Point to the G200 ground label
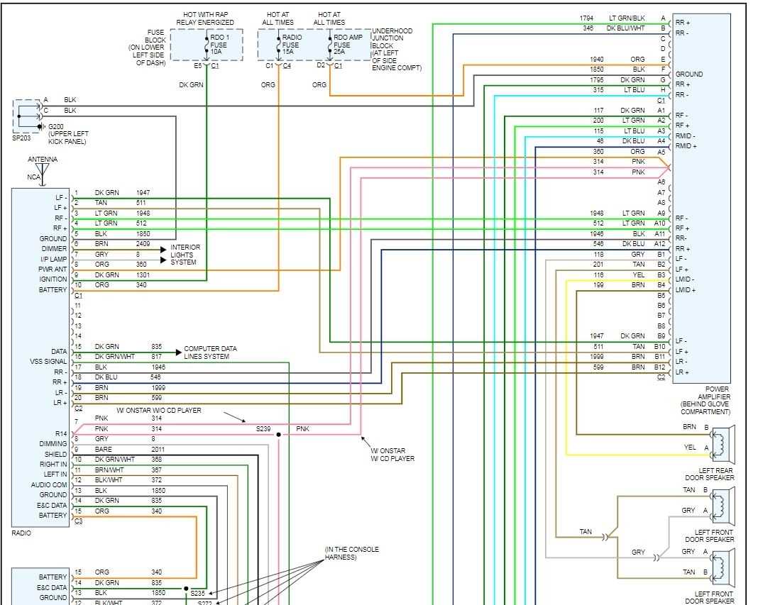(x=56, y=127)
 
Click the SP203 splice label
(x=22, y=139)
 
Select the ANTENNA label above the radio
(x=43, y=160)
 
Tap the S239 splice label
(x=263, y=429)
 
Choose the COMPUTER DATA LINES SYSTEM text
(x=210, y=353)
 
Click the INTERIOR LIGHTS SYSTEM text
(x=185, y=255)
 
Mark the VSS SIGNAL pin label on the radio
(x=48, y=362)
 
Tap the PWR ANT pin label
(x=52, y=270)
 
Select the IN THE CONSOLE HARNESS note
(x=351, y=553)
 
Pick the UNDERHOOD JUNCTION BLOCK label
(x=396, y=50)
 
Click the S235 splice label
(x=197, y=592)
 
